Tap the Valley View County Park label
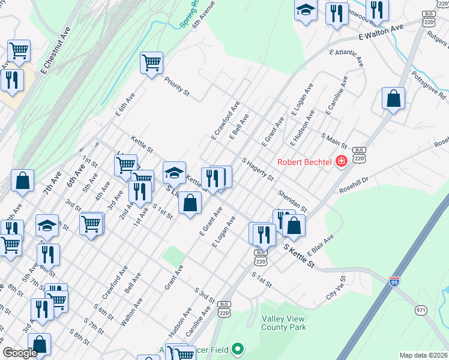click(283, 323)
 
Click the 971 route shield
click(420, 310)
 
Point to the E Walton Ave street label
click(381, 32)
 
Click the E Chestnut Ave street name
click(55, 50)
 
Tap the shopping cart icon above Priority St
click(151, 62)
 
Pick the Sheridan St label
click(292, 201)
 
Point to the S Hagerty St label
click(258, 170)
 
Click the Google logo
click(20, 353)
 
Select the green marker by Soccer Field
click(238, 349)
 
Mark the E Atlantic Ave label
click(346, 57)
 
